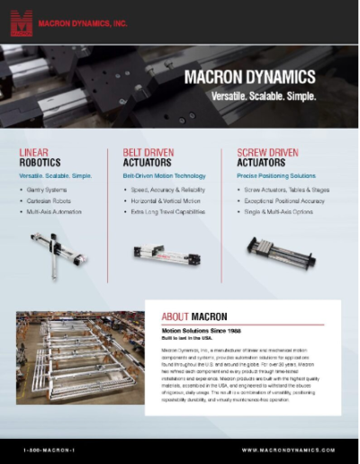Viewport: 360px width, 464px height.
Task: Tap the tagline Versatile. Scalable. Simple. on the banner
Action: [x=256, y=94]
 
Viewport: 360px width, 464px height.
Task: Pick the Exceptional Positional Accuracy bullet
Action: [x=290, y=201]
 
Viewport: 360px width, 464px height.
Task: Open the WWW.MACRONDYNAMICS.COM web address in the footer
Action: [x=289, y=449]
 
